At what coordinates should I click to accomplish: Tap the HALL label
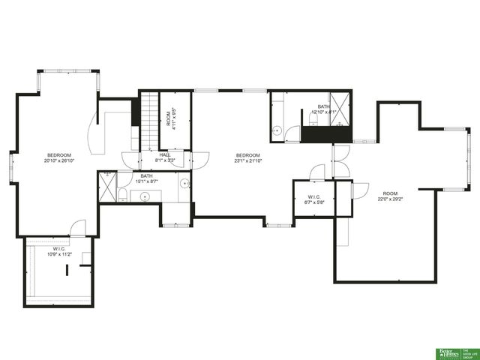165,154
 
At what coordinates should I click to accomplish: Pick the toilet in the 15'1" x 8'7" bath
121,194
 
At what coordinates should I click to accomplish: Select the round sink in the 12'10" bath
277,131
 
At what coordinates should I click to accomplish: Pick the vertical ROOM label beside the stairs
168,120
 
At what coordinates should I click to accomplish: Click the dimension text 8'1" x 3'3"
165,160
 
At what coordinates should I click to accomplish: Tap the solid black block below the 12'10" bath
325,134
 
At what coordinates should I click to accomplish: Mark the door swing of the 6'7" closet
318,172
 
